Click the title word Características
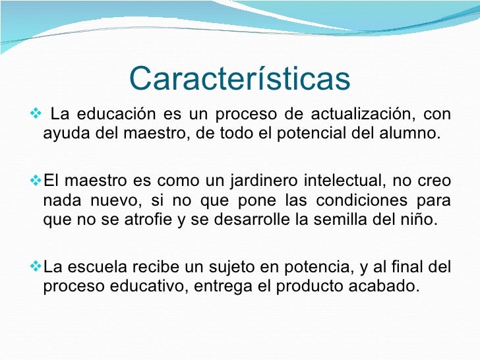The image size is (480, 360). pos(239,78)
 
